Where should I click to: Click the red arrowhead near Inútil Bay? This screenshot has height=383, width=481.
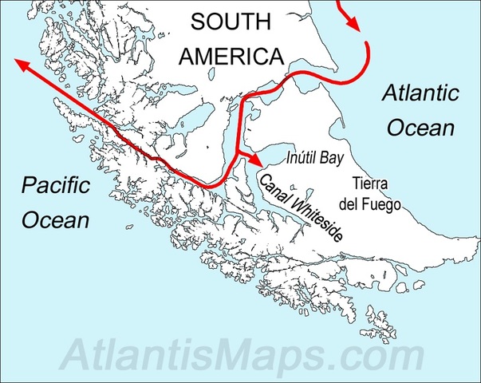click(258, 160)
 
